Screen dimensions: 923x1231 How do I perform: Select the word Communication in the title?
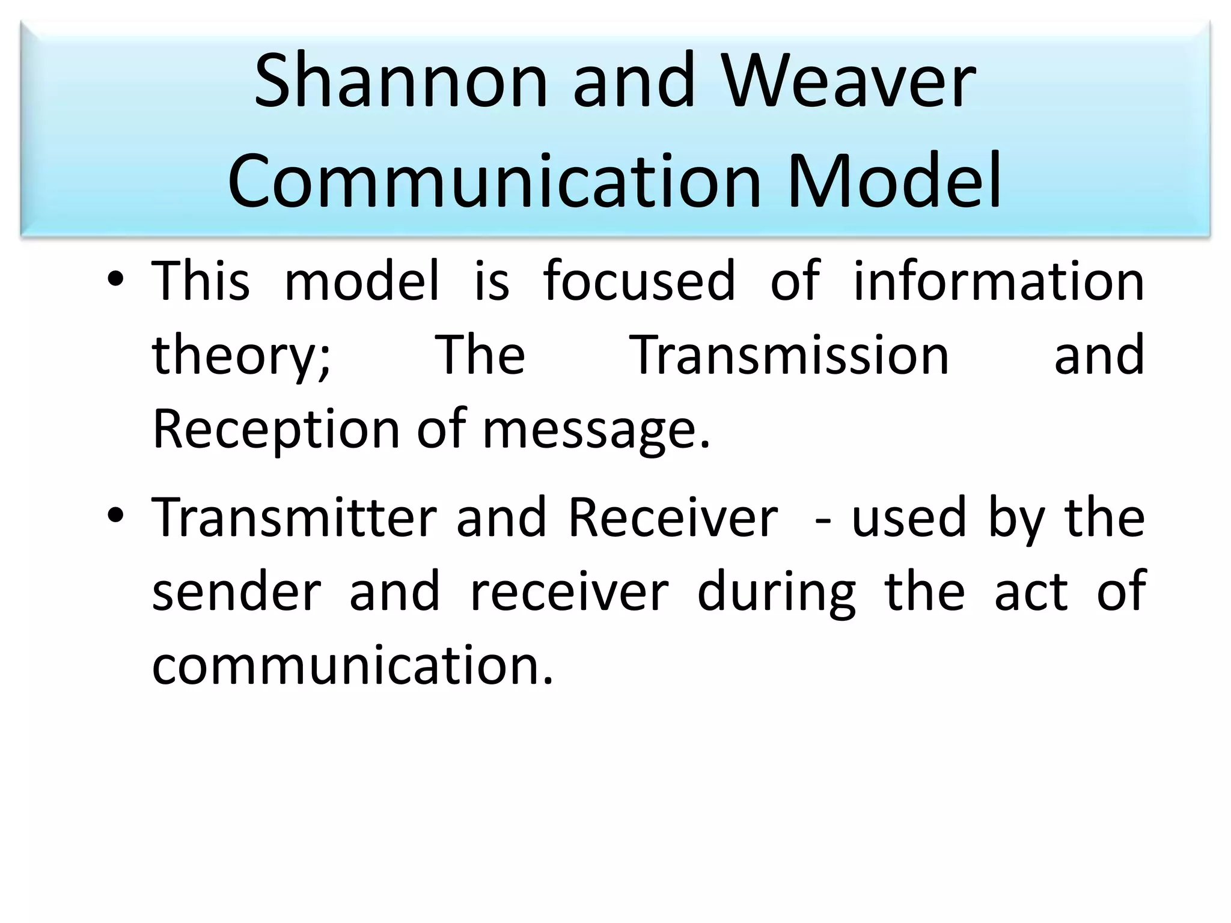pyautogui.click(x=494, y=180)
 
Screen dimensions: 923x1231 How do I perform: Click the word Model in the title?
pyautogui.click(x=894, y=180)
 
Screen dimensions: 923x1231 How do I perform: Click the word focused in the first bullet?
pyautogui.click(x=639, y=281)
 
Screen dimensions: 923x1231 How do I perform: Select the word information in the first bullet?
pyautogui.click(x=998, y=281)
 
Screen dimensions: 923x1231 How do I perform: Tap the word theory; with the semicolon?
pyautogui.click(x=241, y=356)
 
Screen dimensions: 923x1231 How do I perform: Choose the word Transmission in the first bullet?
pyautogui.click(x=791, y=356)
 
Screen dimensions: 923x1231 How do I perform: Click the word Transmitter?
pyautogui.click(x=294, y=518)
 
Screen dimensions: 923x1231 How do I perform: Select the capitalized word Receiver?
pyautogui.click(x=673, y=518)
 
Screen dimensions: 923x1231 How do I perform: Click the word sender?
pyautogui.click(x=236, y=592)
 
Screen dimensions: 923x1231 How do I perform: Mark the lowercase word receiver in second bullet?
pyautogui.click(x=569, y=592)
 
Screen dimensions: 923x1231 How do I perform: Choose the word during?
pyautogui.click(x=776, y=592)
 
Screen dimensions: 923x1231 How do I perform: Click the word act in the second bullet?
pyautogui.click(x=1031, y=592)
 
